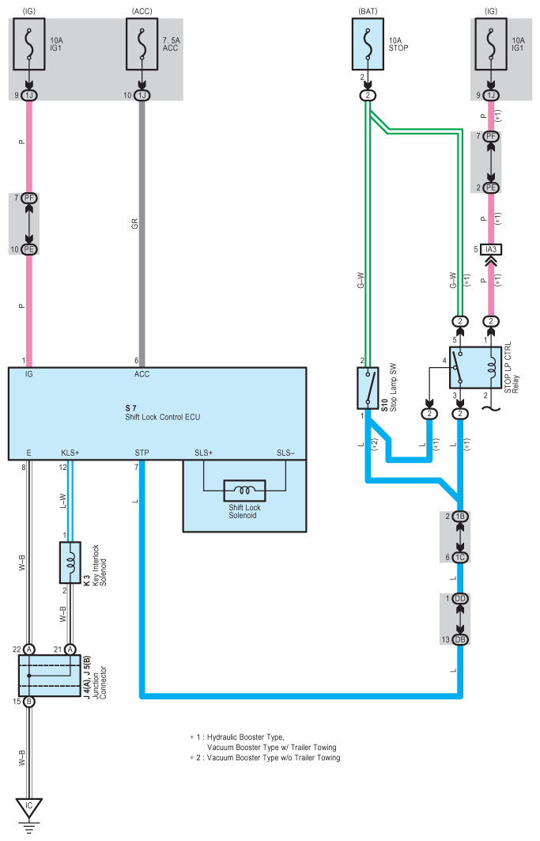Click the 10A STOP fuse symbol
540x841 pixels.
(368, 44)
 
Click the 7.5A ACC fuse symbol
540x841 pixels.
(142, 44)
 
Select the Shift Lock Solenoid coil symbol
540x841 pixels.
(244, 491)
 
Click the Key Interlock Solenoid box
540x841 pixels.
(70, 562)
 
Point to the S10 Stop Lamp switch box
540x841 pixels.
(368, 388)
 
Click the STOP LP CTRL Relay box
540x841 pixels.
(476, 367)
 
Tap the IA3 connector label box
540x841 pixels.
(491, 249)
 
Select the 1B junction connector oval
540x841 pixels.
(460, 517)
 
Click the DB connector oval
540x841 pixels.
(460, 639)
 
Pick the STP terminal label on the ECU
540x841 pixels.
(142, 453)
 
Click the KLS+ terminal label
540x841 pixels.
(70, 453)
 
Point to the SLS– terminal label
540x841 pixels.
(286, 453)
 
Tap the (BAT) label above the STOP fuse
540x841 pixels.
(368, 11)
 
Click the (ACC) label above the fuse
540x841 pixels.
(142, 11)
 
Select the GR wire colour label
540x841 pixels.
(134, 223)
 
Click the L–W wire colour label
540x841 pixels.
(62, 501)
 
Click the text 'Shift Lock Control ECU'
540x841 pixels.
(163, 417)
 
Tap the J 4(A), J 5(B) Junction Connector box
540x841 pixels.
(50, 676)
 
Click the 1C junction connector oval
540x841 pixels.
(460, 557)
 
